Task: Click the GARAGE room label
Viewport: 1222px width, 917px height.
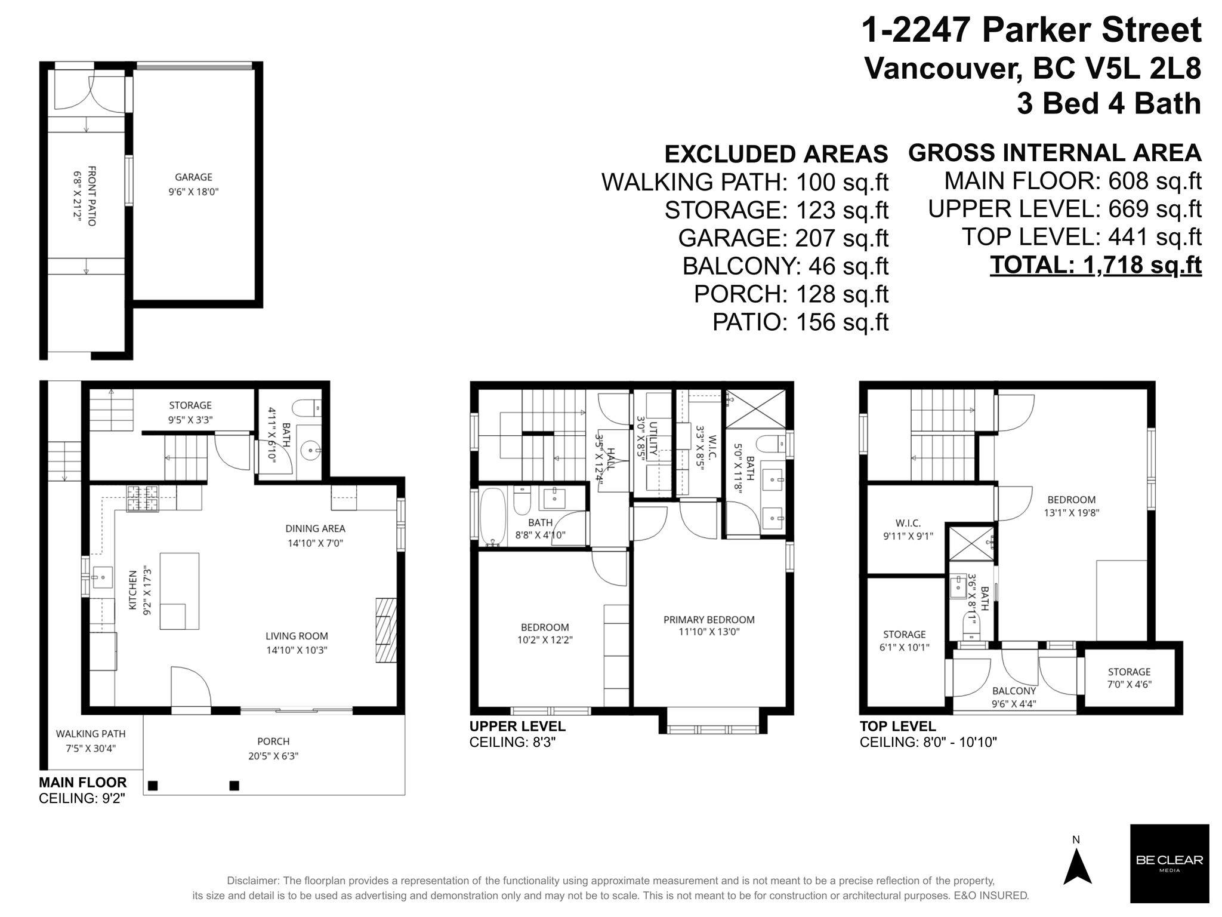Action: (x=193, y=177)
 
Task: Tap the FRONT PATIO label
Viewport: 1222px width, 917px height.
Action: (x=92, y=196)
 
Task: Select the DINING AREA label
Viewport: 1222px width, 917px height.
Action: (x=315, y=528)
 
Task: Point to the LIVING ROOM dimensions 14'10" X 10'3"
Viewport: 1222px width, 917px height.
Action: (x=297, y=650)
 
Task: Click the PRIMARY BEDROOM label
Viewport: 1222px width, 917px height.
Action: (x=709, y=620)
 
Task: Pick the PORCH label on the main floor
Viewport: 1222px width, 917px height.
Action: (x=273, y=741)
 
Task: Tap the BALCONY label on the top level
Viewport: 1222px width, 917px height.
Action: (x=1014, y=691)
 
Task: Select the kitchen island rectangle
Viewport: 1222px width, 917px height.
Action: (x=179, y=591)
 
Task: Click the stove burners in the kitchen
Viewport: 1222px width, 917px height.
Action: (x=143, y=498)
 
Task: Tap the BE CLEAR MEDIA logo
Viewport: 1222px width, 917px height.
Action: (x=1169, y=863)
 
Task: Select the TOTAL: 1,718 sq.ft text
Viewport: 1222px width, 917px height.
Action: (x=1096, y=265)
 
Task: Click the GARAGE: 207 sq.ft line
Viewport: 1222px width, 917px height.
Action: (x=783, y=238)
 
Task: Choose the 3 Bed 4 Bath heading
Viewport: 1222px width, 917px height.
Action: (x=1109, y=104)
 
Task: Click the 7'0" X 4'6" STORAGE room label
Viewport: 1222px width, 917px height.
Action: (x=1129, y=678)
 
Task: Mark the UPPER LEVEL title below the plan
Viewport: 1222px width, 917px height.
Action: (x=517, y=727)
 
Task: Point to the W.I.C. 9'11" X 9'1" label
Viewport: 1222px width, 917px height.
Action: (x=908, y=530)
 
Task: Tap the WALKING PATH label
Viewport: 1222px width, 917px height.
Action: (x=91, y=734)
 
